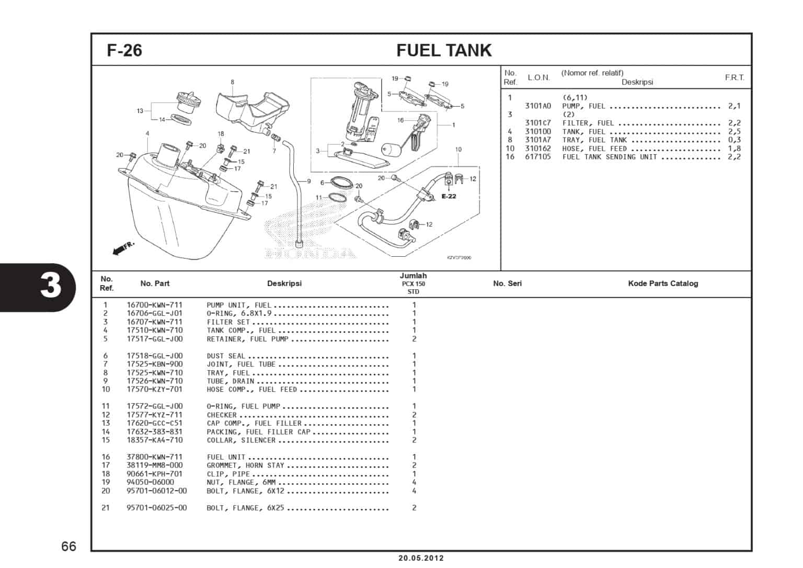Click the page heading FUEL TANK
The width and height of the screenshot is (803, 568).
[x=444, y=50]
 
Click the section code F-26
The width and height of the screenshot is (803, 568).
[x=124, y=50]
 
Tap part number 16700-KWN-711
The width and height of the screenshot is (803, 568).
[x=154, y=305]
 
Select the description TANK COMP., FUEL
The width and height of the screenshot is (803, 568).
[x=240, y=331]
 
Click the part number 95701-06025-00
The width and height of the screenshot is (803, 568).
[x=156, y=508]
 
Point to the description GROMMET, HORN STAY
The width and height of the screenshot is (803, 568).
[x=245, y=465]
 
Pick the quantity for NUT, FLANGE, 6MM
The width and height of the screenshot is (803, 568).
[x=414, y=482]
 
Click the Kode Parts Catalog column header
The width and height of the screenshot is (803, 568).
[x=662, y=283]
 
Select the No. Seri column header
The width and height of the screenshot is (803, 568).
[x=507, y=283]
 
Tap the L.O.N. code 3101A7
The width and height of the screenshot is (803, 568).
[x=537, y=140]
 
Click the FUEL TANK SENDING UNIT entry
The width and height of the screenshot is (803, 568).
[x=609, y=157]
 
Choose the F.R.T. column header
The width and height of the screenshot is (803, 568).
[x=734, y=77]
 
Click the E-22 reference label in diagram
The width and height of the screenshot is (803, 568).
[x=448, y=197]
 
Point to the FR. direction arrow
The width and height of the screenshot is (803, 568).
[x=123, y=248]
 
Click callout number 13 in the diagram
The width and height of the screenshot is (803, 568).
[x=140, y=111]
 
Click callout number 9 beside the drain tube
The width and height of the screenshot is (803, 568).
[x=309, y=181]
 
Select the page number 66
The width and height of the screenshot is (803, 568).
[x=68, y=547]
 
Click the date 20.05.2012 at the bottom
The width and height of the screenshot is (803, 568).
[x=420, y=558]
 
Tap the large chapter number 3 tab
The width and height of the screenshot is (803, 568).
[x=51, y=286]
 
